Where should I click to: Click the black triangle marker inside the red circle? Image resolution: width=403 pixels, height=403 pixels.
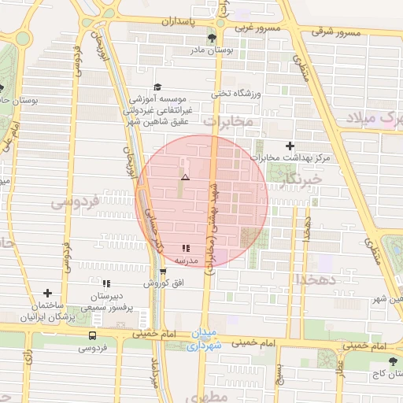point(185,179)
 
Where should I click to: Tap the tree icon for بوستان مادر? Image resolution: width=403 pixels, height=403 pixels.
point(211,38)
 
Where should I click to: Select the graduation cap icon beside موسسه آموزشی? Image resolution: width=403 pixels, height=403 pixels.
point(157,87)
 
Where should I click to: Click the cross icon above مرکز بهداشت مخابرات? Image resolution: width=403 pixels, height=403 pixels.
point(290,146)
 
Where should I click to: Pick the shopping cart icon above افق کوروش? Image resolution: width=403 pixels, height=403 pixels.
point(163,272)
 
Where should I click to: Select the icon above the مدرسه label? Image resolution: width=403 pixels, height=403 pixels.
point(186,248)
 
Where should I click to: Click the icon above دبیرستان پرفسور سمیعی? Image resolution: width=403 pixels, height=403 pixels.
point(105,283)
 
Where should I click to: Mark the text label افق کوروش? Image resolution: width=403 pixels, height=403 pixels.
point(160,282)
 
